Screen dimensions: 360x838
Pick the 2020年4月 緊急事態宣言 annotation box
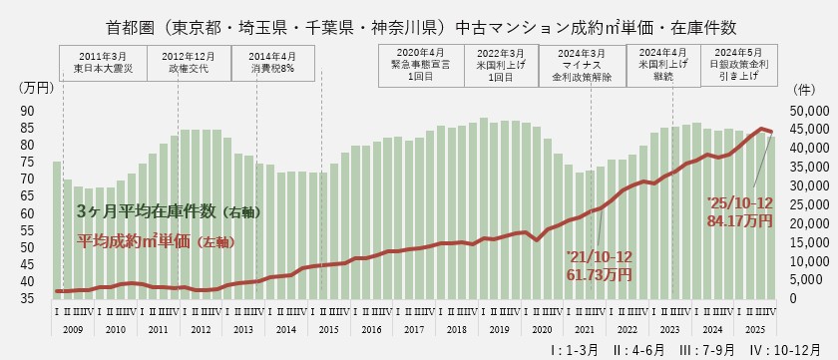pyautogui.click(x=415, y=62)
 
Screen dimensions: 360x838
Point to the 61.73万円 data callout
pyautogui.click(x=599, y=273)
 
